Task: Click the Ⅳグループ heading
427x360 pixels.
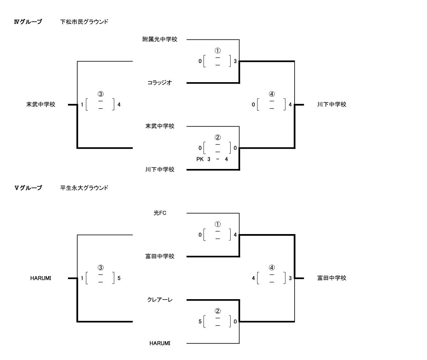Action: coord(27,22)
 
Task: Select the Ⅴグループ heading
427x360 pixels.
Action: coord(27,188)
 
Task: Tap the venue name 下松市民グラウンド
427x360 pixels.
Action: coord(84,22)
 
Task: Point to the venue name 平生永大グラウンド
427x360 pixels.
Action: coord(84,188)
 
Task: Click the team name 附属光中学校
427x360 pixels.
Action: coord(160,39)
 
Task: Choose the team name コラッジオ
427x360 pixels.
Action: coord(160,83)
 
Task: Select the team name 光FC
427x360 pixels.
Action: coord(160,213)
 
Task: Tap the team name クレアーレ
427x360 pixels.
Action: coord(160,300)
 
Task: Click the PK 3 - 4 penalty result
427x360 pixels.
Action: coord(212,159)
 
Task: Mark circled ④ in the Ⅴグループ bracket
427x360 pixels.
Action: coord(272,267)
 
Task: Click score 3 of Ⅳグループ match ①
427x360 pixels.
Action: coord(235,62)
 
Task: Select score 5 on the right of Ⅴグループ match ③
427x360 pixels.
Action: coord(119,279)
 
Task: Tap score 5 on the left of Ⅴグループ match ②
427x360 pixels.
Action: coord(200,322)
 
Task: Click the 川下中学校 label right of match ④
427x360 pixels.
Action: coord(332,105)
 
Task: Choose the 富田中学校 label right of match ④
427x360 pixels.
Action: coord(332,278)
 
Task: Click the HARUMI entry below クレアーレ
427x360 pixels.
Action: coord(160,344)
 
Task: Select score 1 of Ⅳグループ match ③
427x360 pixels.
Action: coord(82,105)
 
